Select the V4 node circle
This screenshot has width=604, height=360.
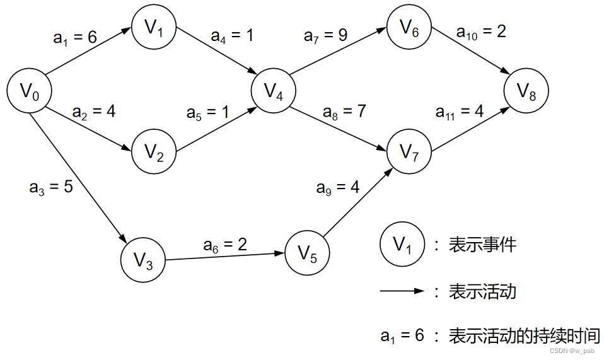274,91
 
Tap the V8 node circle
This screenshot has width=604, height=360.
526,92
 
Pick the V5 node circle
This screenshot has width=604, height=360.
307,253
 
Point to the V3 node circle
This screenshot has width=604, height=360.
143,260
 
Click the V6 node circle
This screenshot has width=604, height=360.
409,28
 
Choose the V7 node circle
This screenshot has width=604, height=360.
409,151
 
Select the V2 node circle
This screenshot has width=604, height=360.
154,152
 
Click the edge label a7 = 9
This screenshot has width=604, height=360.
325,35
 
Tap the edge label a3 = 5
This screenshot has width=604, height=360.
51,187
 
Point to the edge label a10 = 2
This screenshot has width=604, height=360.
482,31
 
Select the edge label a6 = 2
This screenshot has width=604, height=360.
224,245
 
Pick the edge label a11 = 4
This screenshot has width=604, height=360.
460,112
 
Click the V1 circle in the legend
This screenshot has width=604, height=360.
402,245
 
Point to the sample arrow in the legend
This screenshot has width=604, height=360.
402,291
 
